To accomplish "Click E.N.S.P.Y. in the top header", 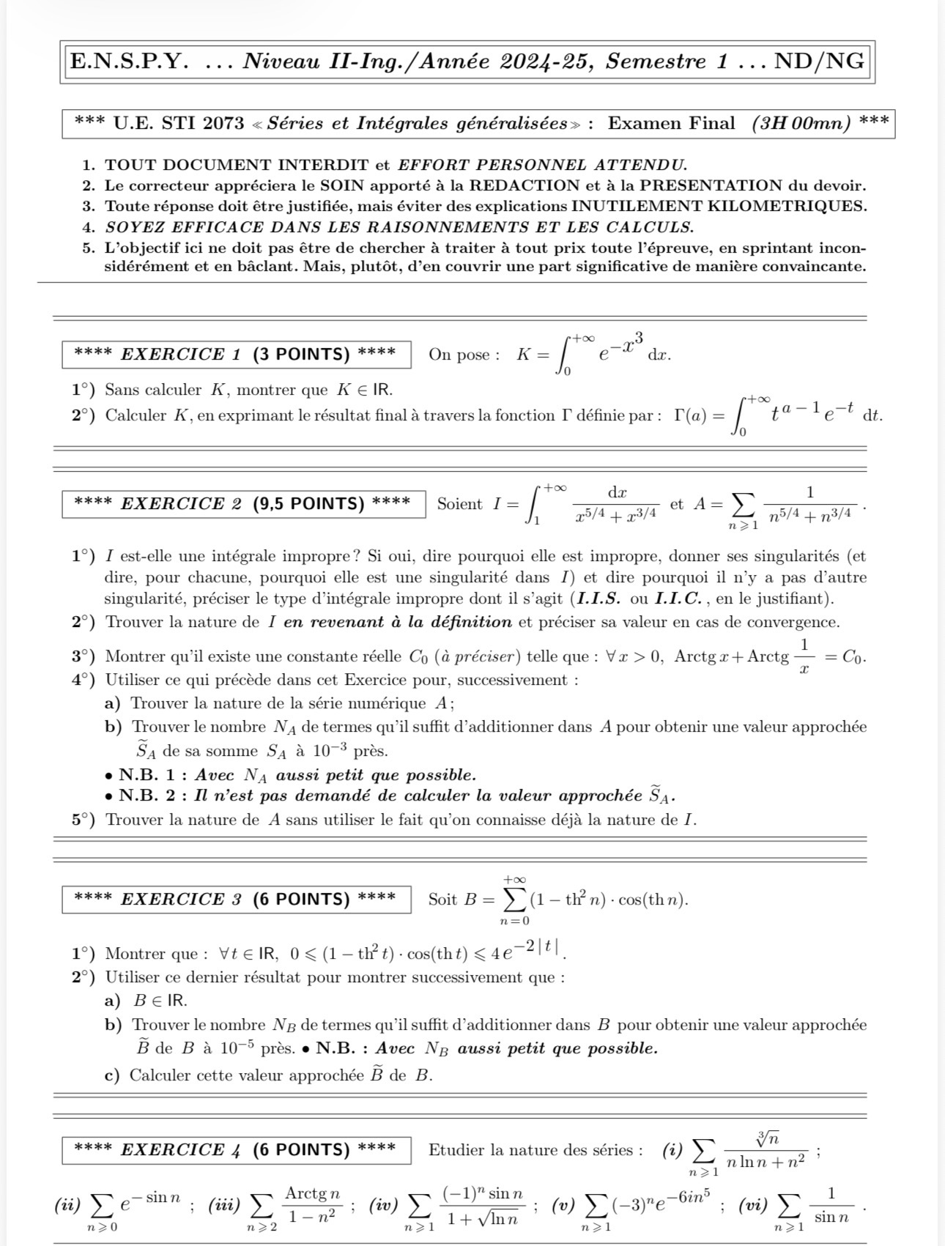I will coord(127,62).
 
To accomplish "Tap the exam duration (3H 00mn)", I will coord(801,123).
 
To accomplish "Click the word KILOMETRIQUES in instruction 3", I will coord(797,206).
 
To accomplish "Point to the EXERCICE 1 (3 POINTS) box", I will coord(235,355).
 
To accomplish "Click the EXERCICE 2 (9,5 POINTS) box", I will coord(242,504).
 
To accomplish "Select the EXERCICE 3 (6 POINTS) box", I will coord(235,899).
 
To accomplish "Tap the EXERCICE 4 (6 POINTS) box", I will coord(235,1150).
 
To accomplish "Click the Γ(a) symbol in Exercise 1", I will coord(690,416).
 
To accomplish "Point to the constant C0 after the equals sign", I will coord(852,656).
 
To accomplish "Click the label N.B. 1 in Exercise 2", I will coord(152,775).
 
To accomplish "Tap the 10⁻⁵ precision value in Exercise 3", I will coord(237,1048).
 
